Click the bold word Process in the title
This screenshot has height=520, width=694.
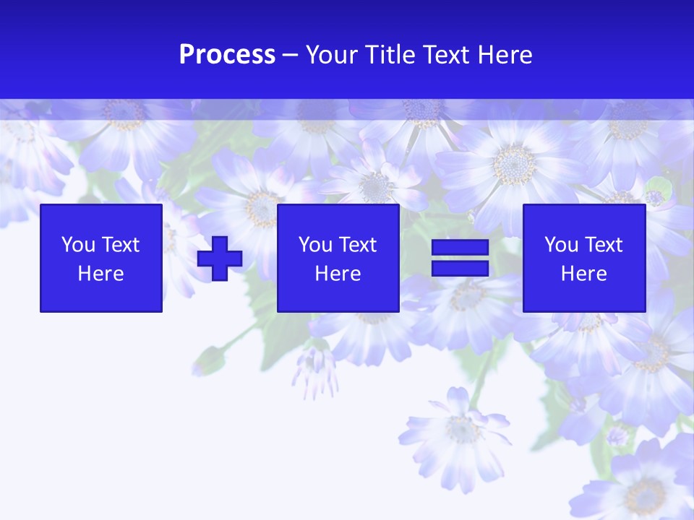227,55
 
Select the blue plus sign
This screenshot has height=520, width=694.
220,259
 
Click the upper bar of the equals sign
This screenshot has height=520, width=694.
460,248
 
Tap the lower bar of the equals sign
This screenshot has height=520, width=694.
460,268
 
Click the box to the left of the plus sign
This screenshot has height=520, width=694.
101,258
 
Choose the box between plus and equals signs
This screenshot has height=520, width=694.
338,258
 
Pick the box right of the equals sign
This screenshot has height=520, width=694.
583,258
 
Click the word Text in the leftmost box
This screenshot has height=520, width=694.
120,245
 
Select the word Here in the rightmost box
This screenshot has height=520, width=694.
583,274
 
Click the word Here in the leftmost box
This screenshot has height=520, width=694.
101,274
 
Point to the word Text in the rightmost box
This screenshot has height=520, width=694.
603,245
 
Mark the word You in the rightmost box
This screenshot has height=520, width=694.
561,245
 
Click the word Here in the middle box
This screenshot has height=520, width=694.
338,274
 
